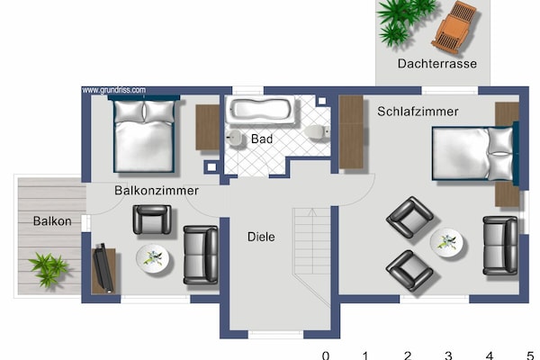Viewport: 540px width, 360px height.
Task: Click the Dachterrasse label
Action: click(437, 63)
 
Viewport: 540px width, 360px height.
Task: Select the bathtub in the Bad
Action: click(260, 110)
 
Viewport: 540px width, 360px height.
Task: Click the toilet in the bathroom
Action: click(317, 132)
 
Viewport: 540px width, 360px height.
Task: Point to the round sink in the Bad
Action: click(236, 138)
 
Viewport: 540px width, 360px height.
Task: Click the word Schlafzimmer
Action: click(418, 112)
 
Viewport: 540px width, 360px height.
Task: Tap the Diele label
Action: click(261, 237)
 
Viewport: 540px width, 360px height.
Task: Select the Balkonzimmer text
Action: click(157, 190)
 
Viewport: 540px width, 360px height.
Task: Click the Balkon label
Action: click(52, 220)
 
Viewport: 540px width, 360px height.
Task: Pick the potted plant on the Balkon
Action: click(49, 269)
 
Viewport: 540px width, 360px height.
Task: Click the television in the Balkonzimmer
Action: click(103, 267)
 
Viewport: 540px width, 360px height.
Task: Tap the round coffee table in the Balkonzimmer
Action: click(153, 258)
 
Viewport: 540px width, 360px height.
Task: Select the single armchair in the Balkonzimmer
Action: click(152, 220)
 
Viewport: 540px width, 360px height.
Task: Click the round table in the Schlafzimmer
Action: click(446, 242)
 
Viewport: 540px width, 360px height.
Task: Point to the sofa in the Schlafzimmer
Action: click(500, 246)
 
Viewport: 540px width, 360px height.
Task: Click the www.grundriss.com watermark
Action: click(114, 90)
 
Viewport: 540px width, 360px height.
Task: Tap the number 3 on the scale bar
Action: click(448, 355)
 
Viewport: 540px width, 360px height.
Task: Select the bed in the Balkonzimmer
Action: click(144, 134)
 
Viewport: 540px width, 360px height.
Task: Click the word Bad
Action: click(262, 139)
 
